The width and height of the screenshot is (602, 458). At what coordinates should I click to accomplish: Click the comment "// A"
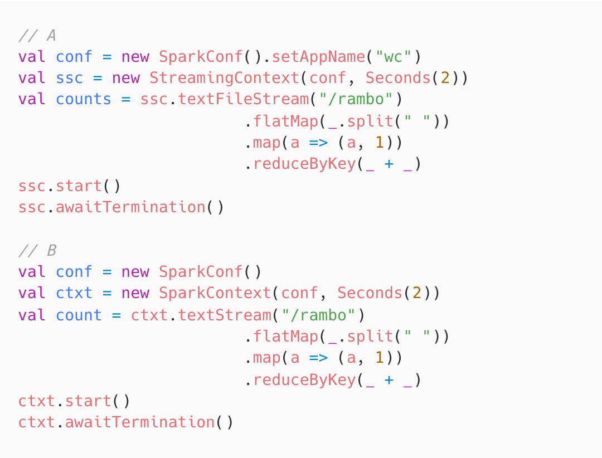coord(37,36)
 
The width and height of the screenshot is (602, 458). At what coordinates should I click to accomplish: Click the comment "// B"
coord(37,251)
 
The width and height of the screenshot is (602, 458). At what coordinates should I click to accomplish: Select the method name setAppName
coord(318,57)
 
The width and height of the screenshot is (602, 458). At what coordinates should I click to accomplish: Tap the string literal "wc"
coord(393,57)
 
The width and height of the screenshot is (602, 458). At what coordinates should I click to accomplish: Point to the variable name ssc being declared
coord(70,78)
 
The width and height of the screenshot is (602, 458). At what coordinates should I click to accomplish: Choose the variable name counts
coord(84,100)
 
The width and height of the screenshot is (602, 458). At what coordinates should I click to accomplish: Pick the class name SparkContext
coord(215,294)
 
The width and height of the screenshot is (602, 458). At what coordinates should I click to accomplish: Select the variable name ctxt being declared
coord(74,294)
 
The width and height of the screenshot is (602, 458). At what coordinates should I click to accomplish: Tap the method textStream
coord(225,315)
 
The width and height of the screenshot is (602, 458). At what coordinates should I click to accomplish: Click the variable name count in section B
coord(79,315)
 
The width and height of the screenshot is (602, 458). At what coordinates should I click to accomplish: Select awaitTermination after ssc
coord(130,207)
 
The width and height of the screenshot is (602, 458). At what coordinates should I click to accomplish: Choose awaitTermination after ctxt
coord(140,422)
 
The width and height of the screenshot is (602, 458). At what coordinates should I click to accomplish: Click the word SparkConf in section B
coord(201,272)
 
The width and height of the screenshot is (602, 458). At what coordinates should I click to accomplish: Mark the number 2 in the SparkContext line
coord(417,294)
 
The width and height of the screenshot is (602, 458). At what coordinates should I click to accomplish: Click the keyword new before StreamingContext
coord(126,78)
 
